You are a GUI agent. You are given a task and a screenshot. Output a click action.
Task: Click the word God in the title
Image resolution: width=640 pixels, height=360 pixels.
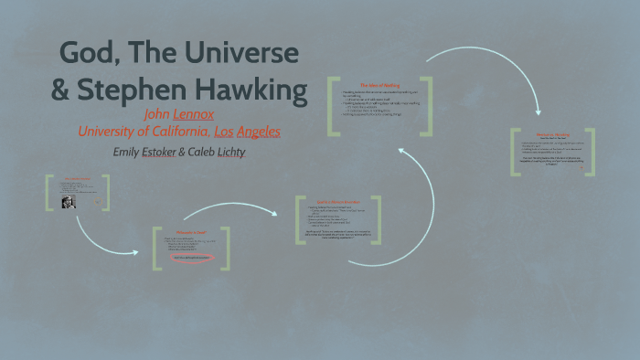point(87,54)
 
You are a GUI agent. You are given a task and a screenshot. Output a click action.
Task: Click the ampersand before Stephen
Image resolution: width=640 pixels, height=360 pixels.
point(60,91)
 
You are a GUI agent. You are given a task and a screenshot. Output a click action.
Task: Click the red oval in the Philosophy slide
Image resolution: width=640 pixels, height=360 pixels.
point(190,258)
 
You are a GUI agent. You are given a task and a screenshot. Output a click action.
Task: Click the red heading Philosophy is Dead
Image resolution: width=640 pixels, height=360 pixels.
point(191,234)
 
